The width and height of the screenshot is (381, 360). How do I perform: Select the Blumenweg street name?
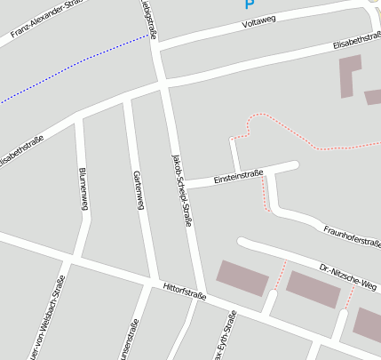pos(83,188)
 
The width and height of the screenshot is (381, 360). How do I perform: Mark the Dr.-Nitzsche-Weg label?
pos(348,277)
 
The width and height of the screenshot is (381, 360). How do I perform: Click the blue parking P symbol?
pos(249,4)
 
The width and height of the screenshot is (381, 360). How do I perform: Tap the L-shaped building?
pos(349,75)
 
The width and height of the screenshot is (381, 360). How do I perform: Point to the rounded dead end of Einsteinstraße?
pos(293,165)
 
